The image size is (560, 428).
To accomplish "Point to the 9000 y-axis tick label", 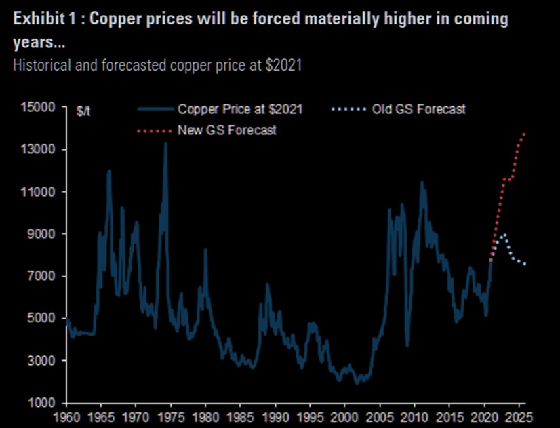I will pos(41,234).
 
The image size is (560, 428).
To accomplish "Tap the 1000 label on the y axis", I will pos(41,403).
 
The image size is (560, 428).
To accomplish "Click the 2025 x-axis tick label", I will pos(519,415).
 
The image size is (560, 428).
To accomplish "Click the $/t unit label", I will pos(83,111).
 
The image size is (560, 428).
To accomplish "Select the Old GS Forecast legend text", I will pos(419,109).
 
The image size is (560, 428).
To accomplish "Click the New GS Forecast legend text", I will pos(227,130).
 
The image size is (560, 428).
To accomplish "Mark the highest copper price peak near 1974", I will pos(165,143).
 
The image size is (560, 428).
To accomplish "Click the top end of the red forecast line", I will pos(525,134).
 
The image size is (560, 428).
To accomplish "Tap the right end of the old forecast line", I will pos(525,264).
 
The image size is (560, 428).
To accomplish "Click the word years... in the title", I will pos(35,43).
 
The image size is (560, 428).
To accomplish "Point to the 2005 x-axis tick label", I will pos(380,415).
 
